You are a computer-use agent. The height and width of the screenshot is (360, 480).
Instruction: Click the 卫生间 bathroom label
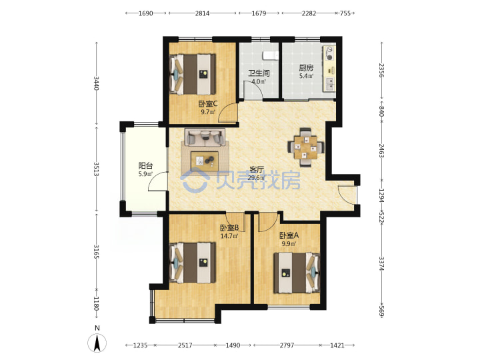259,73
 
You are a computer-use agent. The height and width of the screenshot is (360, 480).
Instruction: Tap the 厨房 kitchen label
306,67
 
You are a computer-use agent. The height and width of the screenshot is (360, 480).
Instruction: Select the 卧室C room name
208,104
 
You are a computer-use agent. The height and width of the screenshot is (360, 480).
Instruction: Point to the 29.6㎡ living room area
256,178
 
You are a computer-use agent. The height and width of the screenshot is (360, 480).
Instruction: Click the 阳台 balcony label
145,166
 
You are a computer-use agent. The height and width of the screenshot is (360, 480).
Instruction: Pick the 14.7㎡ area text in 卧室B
229,236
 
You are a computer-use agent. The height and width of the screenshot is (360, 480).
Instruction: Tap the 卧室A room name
289,235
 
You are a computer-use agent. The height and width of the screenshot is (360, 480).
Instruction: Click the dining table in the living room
305,147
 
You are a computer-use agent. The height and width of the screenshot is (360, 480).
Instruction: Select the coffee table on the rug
205,161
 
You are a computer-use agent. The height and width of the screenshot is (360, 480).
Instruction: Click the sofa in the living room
205,137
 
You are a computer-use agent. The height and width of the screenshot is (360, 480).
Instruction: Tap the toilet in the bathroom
271,55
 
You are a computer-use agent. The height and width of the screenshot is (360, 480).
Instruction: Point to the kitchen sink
330,84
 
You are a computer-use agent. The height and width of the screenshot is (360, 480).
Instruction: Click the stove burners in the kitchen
330,53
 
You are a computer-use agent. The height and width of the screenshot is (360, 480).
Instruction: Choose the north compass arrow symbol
97,343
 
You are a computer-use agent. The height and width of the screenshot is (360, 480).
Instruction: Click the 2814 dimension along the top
203,13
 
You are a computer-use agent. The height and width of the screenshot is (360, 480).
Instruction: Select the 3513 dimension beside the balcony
96,169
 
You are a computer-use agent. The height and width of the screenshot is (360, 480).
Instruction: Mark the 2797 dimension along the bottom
287,345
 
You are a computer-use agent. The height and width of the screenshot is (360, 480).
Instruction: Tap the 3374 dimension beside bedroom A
381,263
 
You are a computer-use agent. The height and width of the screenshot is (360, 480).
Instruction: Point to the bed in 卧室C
193,75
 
